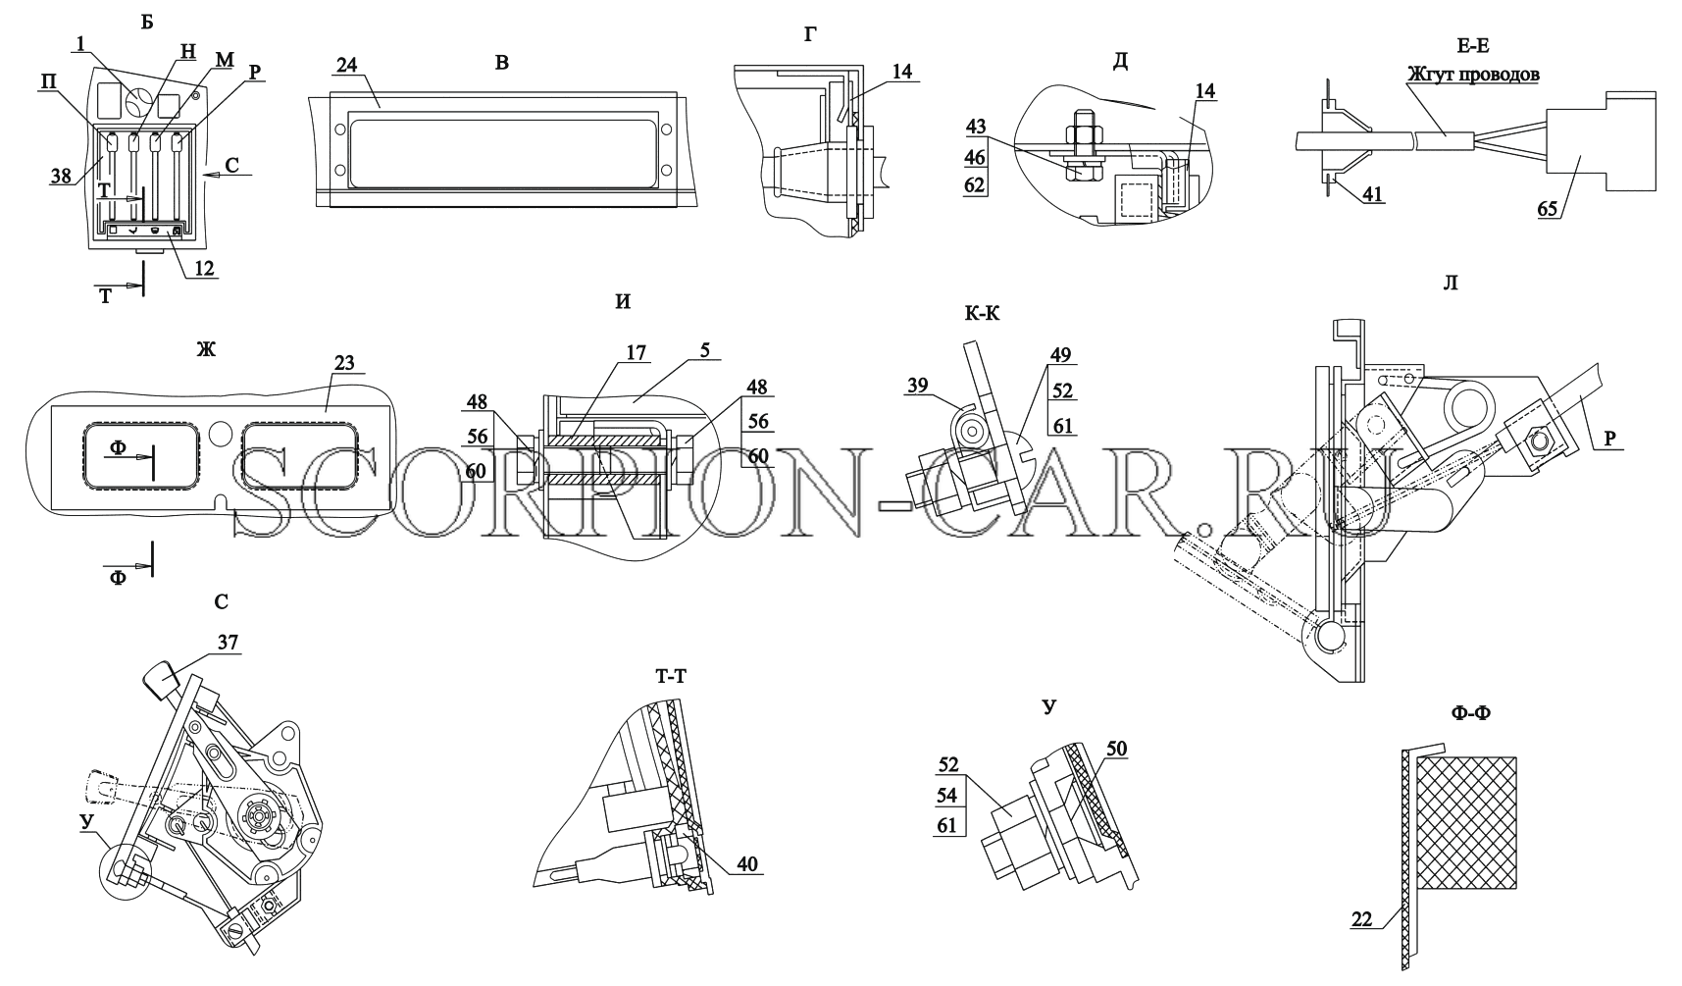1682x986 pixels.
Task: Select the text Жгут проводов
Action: point(1474,74)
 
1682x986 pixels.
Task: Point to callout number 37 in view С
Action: point(228,642)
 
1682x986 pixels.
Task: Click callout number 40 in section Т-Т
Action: point(747,864)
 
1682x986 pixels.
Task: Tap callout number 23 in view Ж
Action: point(343,362)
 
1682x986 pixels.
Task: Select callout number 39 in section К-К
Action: point(918,387)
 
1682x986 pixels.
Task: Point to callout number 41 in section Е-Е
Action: point(1372,194)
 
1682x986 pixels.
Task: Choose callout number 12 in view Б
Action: point(204,267)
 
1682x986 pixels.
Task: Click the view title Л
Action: point(1452,285)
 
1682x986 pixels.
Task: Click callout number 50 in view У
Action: point(1116,750)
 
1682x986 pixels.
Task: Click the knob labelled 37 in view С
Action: point(162,679)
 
